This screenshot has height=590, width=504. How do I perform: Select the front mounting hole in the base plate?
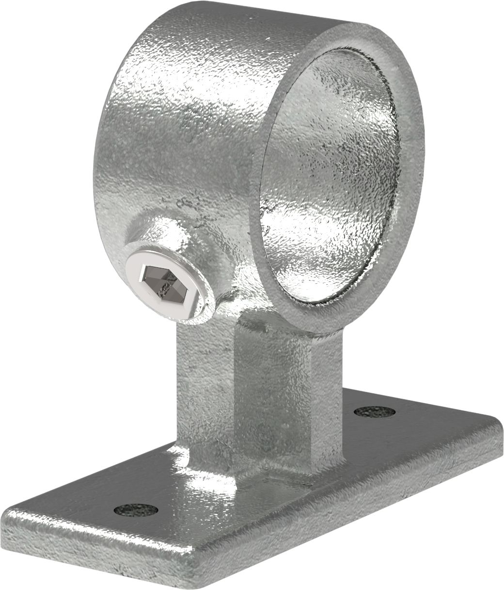pos(136,510)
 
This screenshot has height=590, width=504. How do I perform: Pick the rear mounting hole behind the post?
pos(374,412)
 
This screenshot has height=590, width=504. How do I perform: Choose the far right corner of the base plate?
pos(497,429)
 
